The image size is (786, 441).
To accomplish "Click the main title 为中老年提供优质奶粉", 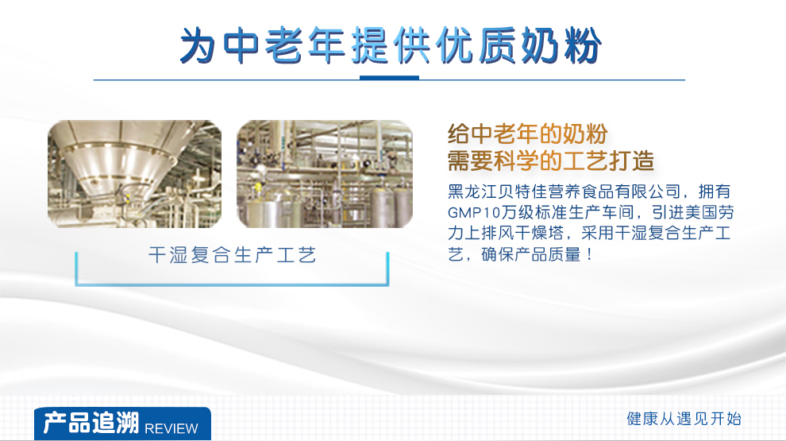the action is (391, 45).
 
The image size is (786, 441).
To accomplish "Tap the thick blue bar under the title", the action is (390, 78).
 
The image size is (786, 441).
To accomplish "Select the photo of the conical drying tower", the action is (134, 174).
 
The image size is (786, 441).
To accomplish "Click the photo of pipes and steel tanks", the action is (325, 174).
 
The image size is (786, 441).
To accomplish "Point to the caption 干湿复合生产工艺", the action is (232, 255).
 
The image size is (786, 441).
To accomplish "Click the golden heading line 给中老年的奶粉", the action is (527, 134).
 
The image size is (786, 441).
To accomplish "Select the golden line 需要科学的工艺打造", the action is (550, 161).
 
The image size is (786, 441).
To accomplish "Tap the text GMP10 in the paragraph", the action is (474, 213).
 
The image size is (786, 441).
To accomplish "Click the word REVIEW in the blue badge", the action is (171, 428).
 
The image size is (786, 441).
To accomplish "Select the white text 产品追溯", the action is (91, 423).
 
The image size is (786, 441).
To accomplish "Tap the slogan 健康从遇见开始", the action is (684, 419).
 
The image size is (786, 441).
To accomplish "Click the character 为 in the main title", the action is (198, 45).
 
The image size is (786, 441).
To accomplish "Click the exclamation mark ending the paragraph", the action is (589, 254).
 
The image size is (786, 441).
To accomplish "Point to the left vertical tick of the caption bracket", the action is (76, 269).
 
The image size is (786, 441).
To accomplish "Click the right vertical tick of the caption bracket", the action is (387, 269).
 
